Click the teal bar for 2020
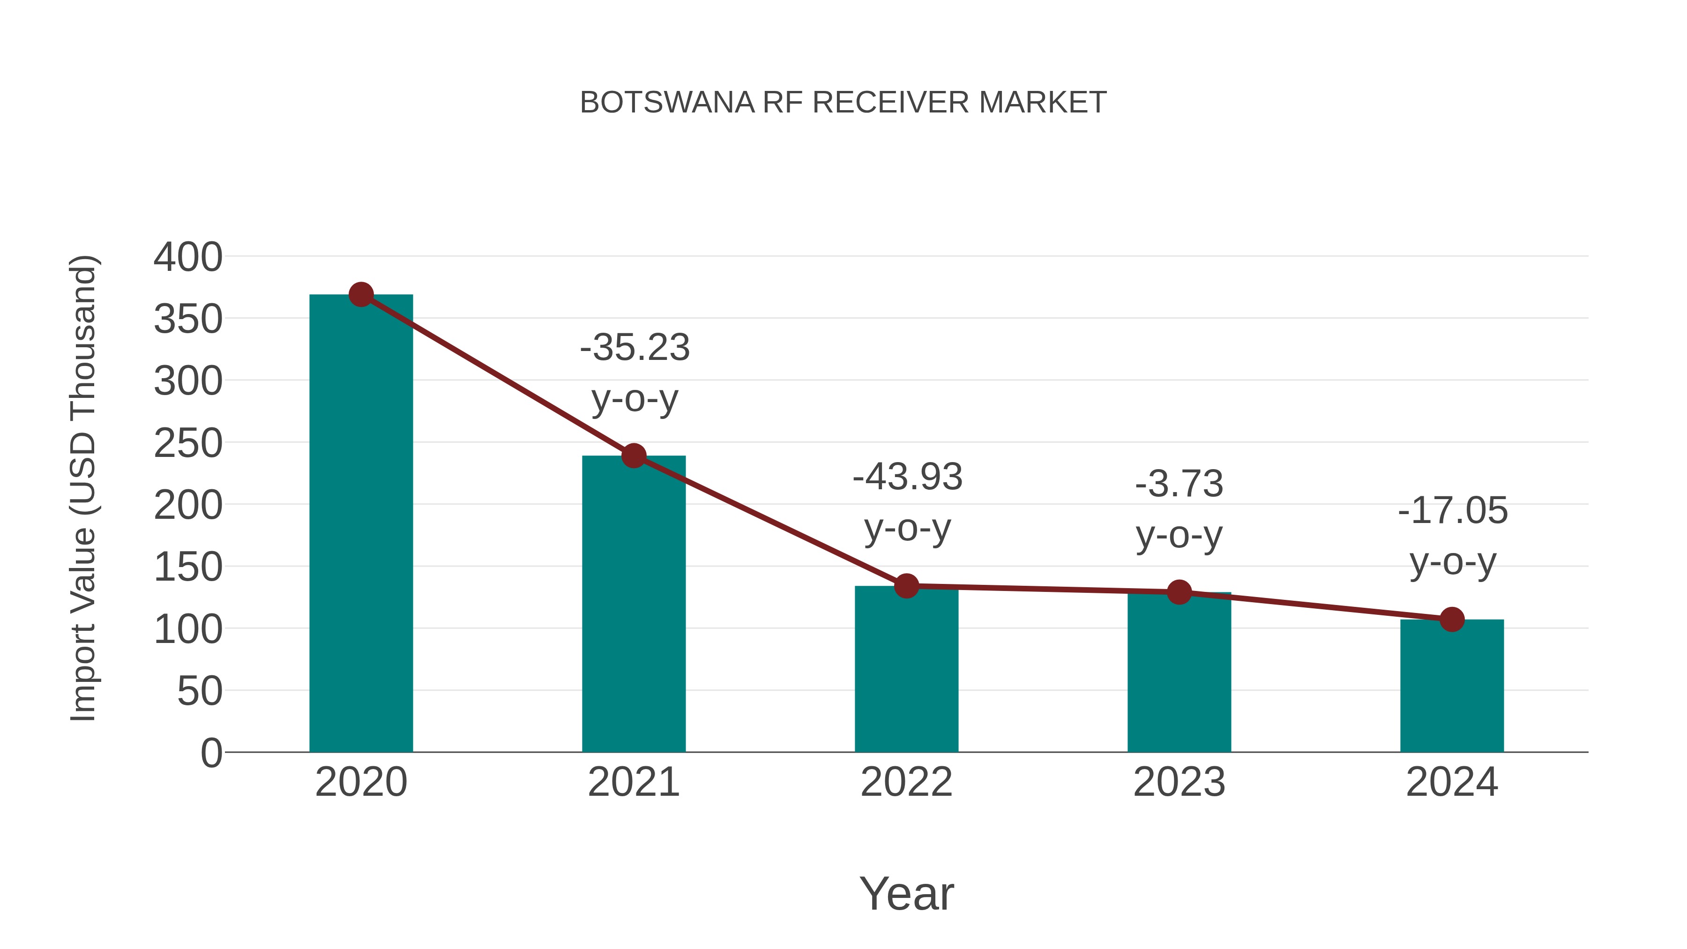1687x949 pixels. tap(361, 524)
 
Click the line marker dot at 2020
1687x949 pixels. tap(361, 295)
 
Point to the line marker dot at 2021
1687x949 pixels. tap(633, 456)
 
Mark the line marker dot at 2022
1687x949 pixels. tap(906, 586)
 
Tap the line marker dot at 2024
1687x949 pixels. tap(1452, 620)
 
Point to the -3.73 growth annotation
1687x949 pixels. tap(1179, 509)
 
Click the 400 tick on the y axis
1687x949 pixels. tap(188, 257)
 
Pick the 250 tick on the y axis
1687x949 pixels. tap(188, 443)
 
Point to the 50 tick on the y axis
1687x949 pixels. tap(200, 691)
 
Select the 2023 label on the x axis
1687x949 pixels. tap(1179, 782)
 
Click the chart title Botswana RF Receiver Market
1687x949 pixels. tap(843, 103)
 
